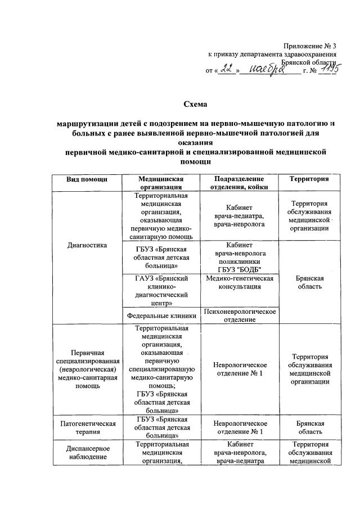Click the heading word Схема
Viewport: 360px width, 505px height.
click(x=196, y=104)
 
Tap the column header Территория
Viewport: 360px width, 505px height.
click(x=309, y=178)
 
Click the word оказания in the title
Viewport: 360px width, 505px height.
click(x=196, y=142)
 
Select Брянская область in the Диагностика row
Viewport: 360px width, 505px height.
click(x=309, y=282)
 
